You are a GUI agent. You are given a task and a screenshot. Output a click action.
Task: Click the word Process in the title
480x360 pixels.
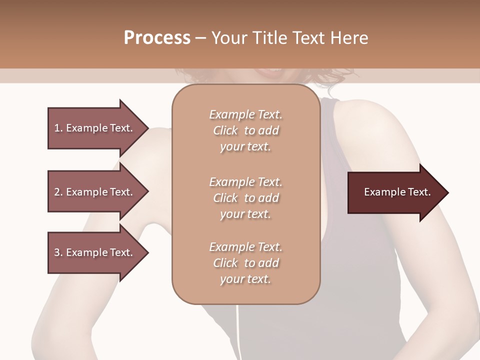[x=157, y=38]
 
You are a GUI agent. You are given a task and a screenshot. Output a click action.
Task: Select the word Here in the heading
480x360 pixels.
[x=349, y=38]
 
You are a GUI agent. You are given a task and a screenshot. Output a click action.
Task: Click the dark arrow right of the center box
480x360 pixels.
[x=395, y=192]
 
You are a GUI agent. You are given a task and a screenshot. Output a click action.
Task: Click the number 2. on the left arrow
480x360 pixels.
[x=58, y=192]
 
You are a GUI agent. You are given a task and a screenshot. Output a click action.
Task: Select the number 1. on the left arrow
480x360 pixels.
[x=58, y=128]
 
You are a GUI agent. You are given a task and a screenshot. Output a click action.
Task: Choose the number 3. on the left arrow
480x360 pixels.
[x=58, y=252]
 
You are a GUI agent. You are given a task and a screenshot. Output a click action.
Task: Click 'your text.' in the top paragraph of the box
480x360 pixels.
[x=245, y=147]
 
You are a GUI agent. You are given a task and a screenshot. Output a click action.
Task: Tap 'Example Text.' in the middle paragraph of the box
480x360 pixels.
[x=245, y=182]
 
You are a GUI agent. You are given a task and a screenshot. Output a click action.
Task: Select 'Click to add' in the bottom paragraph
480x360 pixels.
[x=245, y=263]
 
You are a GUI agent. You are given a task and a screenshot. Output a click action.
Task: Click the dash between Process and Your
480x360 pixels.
[x=200, y=38]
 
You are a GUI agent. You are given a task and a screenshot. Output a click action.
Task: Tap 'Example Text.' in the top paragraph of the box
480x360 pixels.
[x=245, y=114]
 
